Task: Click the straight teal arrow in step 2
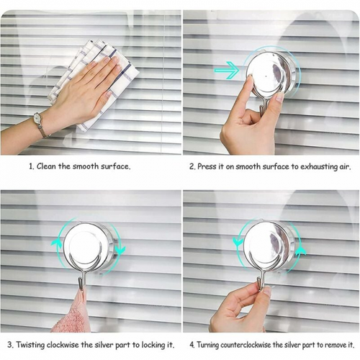point(227,70)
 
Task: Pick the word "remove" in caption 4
point(334,346)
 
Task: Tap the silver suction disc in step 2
point(273,75)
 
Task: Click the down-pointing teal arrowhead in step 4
point(238,242)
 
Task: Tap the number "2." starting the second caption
point(192,166)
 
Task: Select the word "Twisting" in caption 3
point(30,345)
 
